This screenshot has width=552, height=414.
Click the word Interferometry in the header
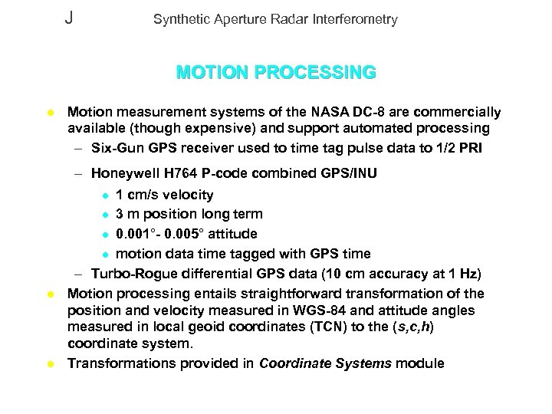tap(358, 20)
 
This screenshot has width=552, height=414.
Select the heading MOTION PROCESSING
tap(276, 73)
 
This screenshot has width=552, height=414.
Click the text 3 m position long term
tap(184, 214)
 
